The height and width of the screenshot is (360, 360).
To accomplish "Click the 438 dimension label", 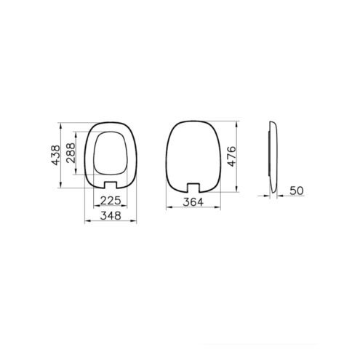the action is (55, 155).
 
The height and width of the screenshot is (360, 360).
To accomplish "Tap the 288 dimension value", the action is (71, 153).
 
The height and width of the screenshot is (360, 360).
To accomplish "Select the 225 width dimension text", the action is (111, 201).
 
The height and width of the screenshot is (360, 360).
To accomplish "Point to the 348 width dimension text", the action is (111, 215).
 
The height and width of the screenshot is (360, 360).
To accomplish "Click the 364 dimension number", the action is (193, 202).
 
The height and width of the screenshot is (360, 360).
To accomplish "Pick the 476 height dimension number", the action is (231, 156).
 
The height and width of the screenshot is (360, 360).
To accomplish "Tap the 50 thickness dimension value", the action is (297, 191).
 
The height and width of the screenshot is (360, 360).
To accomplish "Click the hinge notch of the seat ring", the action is (111, 185).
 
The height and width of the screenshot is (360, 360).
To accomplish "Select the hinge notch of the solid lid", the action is (193, 188).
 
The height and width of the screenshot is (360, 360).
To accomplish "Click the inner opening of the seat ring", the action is (111, 153).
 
